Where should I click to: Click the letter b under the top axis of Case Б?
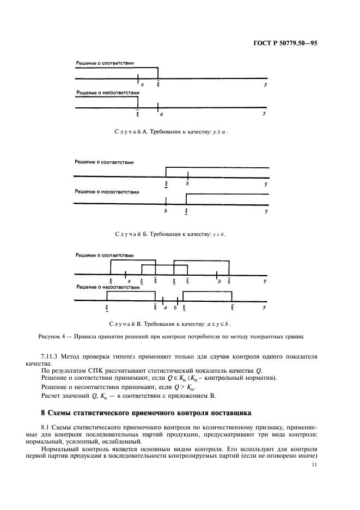tap(187, 184)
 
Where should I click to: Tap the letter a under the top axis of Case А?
tap(142, 84)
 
